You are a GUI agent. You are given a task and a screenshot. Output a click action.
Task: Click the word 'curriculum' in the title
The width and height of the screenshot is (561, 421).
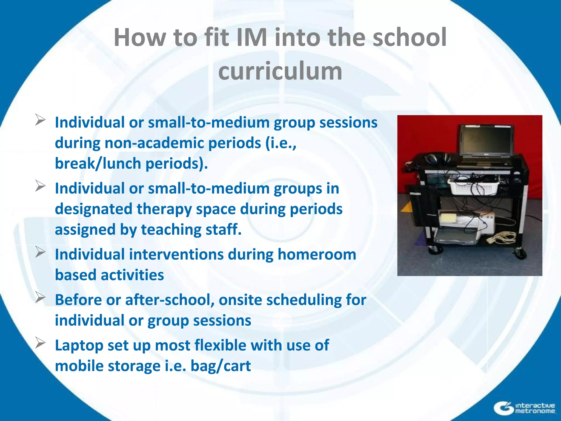(280, 71)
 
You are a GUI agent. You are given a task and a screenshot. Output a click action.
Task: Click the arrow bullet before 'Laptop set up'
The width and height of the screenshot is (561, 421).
(40, 343)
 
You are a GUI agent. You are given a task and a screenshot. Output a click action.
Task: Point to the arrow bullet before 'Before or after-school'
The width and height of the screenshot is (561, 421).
(40, 297)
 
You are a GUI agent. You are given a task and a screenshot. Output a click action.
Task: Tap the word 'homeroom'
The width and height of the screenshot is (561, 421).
(317, 254)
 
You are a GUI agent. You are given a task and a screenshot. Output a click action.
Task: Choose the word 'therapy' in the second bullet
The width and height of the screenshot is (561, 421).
(164, 209)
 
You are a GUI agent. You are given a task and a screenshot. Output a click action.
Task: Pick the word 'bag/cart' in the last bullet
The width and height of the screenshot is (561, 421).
(221, 366)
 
